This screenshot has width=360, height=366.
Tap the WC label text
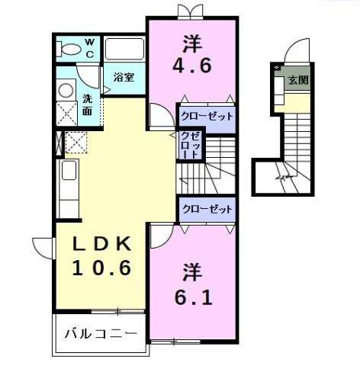tap(89, 48)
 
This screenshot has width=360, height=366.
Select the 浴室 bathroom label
tap(124, 77)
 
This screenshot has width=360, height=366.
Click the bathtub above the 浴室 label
tap(124, 50)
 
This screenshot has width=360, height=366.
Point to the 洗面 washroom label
tap(88, 104)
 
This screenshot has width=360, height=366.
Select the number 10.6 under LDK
tap(102, 268)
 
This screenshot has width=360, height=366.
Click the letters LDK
tap(103, 244)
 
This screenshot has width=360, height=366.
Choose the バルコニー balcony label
tap(100, 334)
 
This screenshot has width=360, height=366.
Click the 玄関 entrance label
tap(297, 80)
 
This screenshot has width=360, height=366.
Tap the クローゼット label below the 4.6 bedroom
tap(206, 117)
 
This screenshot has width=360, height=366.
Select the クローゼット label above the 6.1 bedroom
tap(206, 208)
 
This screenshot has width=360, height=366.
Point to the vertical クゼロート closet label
tap(188, 145)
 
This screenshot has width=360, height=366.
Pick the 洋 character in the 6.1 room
tap(191, 271)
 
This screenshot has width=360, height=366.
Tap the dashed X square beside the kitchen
tap(76, 143)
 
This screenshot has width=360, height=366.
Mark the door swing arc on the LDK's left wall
tap(43, 248)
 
